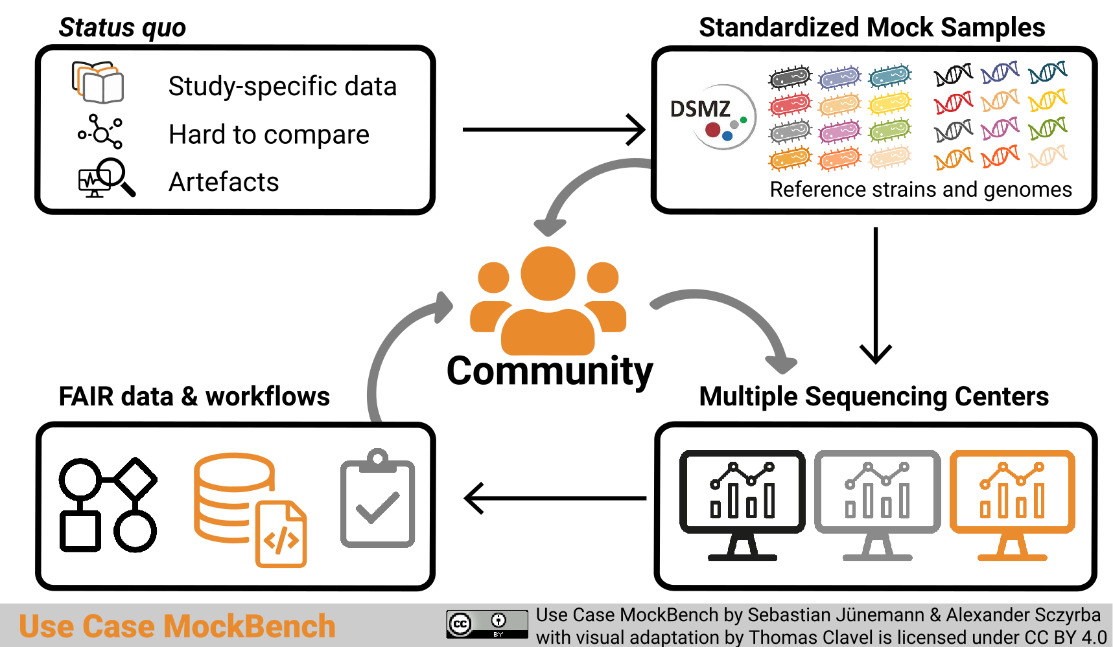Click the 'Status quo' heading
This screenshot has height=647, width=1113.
[122, 28]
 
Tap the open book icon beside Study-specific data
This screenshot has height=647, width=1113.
[98, 83]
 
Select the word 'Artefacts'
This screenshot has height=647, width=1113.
[224, 182]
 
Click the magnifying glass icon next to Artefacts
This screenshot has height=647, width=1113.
[108, 177]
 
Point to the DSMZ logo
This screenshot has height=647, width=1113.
[713, 117]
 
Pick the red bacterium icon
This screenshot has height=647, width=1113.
[790, 104]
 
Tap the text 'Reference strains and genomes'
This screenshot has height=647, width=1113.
[920, 190]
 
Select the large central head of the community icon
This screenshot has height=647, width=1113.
[548, 273]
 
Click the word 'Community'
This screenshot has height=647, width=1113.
[550, 371]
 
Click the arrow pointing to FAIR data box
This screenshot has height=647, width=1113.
[555, 498]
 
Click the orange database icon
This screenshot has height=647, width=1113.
[249, 509]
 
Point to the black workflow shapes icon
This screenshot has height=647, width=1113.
[108, 505]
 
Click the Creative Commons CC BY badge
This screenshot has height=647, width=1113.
[487, 624]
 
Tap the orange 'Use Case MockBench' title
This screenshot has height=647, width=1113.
[177, 626]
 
